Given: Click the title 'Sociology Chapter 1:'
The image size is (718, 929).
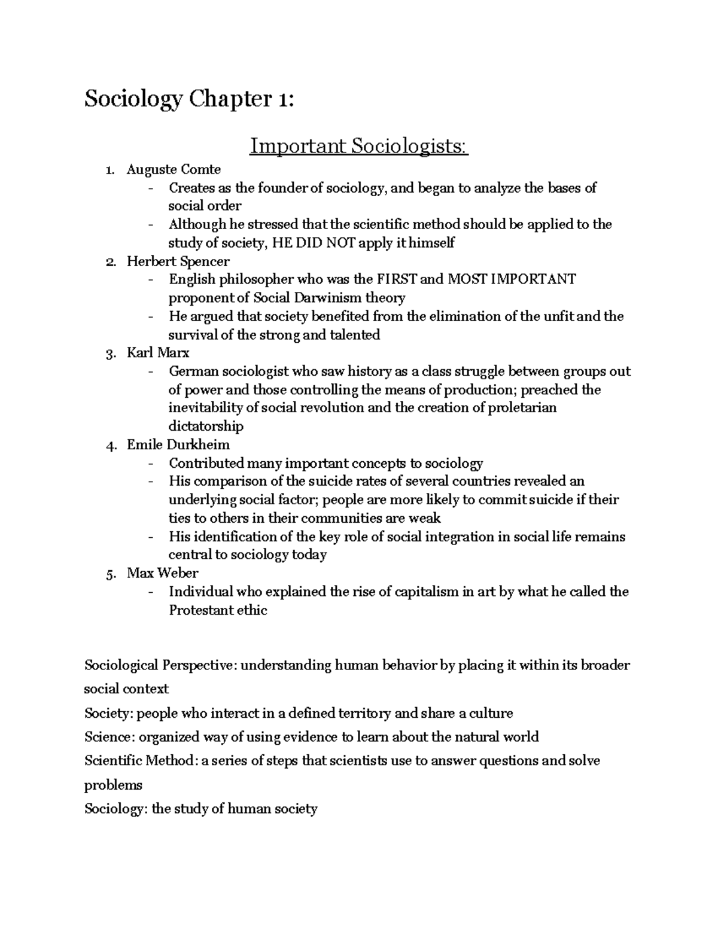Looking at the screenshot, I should [189, 99].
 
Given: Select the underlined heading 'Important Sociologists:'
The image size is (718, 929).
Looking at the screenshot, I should [358, 146].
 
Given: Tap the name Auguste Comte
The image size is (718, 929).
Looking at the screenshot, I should [174, 170].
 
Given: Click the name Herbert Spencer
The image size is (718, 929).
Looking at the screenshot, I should [178, 261].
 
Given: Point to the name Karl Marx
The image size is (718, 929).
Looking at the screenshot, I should [157, 353].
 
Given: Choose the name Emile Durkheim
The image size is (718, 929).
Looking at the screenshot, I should [178, 444].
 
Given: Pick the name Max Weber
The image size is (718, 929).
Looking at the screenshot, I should [162, 573].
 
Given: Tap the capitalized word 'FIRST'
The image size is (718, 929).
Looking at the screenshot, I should [397, 279].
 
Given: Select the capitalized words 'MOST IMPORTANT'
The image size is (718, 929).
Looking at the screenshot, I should [512, 279].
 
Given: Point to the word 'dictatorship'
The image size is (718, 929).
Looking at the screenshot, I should [206, 427].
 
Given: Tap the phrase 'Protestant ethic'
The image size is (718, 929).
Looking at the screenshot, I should [218, 610].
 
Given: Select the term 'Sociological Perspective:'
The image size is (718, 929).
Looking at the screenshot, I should [160, 665].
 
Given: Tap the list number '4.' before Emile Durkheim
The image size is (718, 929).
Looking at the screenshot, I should [110, 445].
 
